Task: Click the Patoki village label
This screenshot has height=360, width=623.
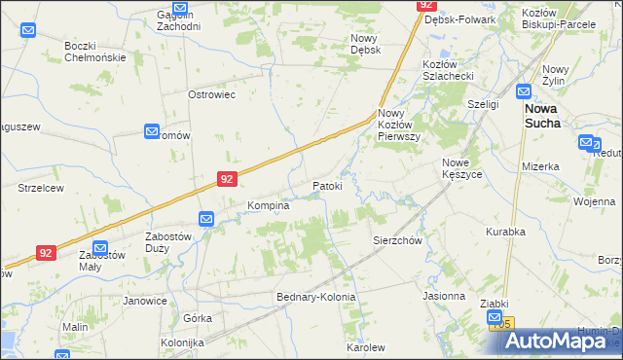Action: [327, 186]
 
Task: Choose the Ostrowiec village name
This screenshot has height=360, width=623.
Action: [212, 94]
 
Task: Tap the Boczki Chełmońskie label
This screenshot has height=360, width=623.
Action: [95, 52]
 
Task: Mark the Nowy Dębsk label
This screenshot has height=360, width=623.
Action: [365, 44]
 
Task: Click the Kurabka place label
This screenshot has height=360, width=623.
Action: [506, 232]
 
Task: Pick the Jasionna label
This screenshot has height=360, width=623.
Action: [444, 296]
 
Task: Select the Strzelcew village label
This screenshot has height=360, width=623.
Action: [41, 188]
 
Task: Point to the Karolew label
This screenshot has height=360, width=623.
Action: [366, 347]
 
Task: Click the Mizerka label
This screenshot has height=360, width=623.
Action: [540, 166]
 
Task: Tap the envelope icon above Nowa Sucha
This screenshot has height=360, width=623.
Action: [525, 92]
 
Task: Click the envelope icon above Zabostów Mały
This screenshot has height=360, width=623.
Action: [99, 247]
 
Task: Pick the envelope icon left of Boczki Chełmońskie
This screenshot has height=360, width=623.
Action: [28, 30]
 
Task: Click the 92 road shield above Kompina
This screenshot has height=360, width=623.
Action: [226, 179]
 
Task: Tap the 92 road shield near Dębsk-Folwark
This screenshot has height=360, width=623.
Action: [426, 5]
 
